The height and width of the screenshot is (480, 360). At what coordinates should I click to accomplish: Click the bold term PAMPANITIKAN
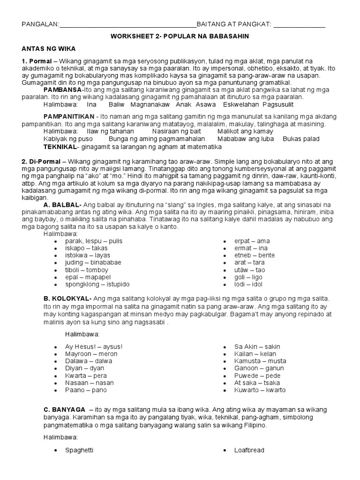click(68, 116)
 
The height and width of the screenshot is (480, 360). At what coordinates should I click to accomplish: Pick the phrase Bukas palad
click(301, 139)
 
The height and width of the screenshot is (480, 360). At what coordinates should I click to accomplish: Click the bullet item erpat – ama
click(252, 241)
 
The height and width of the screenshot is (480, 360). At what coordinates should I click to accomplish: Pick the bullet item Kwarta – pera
click(86, 375)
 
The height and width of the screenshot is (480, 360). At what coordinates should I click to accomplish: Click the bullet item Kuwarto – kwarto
click(260, 390)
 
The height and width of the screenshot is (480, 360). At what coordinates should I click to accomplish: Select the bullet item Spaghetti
click(79, 450)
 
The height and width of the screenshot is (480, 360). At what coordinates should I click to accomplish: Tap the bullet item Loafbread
click(249, 450)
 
